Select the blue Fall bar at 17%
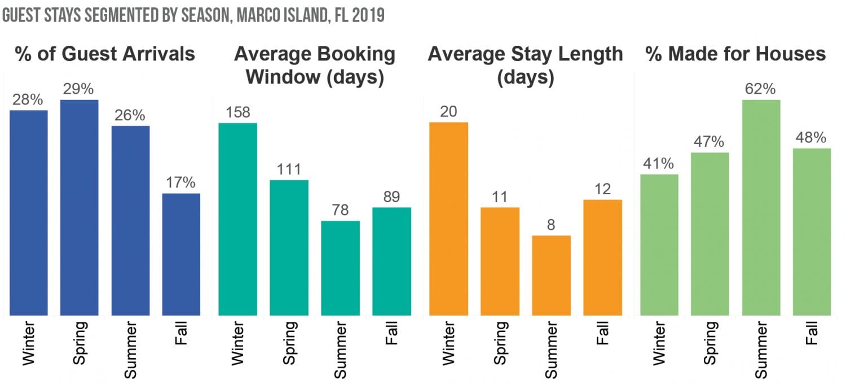click(181, 254)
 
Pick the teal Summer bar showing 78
click(340, 268)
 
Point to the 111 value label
click(289, 169)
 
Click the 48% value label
click(812, 138)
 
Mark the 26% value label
click(130, 115)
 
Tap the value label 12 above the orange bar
click(602, 189)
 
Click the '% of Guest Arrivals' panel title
click(105, 54)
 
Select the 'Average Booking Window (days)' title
click(315, 66)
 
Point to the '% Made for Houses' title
click(735, 54)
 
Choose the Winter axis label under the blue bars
click(28, 343)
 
